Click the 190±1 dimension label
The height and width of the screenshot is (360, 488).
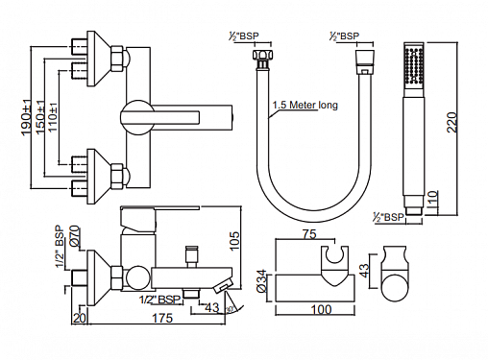(27, 116)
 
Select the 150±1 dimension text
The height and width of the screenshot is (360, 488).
(40, 117)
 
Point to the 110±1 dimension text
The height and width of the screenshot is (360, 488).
(53, 117)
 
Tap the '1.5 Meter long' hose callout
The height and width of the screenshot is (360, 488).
(305, 105)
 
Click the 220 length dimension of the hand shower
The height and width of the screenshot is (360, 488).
(451, 122)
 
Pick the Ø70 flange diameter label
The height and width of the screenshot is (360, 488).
(75, 236)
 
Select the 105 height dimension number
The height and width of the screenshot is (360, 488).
(234, 241)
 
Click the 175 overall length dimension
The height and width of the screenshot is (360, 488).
(162, 318)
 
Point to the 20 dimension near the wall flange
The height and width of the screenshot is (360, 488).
(80, 318)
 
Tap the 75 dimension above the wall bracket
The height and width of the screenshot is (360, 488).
(309, 234)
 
